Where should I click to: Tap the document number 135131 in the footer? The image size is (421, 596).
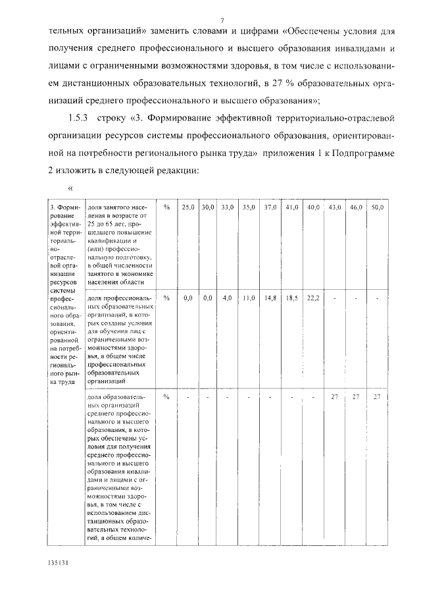click(x=58, y=564)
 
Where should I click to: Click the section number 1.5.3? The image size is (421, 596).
click(x=80, y=118)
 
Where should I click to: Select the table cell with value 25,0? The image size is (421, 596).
click(x=188, y=207)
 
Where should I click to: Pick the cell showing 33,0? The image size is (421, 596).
click(x=228, y=207)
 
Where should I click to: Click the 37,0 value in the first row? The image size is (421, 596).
click(x=271, y=207)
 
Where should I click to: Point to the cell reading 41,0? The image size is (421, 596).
click(x=292, y=207)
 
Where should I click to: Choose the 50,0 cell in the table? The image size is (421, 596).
click(x=378, y=207)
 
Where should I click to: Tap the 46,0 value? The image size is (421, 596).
click(x=356, y=207)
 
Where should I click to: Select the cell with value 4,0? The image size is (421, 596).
click(x=228, y=298)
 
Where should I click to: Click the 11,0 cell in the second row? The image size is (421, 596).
click(x=249, y=298)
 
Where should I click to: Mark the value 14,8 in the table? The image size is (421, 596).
click(x=271, y=298)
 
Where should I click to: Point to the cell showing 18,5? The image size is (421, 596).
click(x=292, y=298)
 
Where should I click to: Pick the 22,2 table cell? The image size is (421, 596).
click(x=313, y=298)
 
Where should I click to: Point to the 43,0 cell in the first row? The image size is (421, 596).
click(x=335, y=207)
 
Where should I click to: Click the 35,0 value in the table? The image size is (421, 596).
click(x=249, y=207)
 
